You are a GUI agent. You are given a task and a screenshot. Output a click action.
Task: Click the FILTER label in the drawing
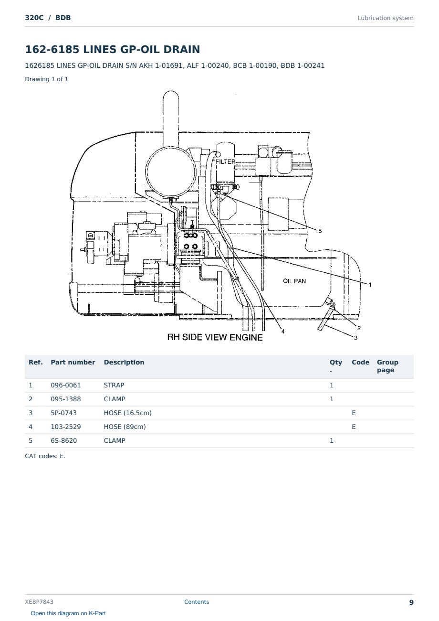pos(225,161)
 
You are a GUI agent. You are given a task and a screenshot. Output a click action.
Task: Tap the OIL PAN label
pos(294,281)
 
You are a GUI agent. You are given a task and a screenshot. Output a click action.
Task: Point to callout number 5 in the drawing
pos(320,231)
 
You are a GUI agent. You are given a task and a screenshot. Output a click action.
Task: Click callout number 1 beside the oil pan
pos(370,285)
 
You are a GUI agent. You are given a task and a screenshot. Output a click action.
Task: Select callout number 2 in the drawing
pos(359,328)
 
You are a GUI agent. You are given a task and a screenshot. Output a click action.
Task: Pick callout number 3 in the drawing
pos(355,338)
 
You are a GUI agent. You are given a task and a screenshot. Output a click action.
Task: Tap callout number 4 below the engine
pos(283,332)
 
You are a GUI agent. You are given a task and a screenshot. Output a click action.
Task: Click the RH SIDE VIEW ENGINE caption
pos(215,337)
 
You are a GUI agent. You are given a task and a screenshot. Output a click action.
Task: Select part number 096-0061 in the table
pos(66,385)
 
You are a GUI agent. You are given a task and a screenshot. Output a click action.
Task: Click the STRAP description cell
pos(114,385)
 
